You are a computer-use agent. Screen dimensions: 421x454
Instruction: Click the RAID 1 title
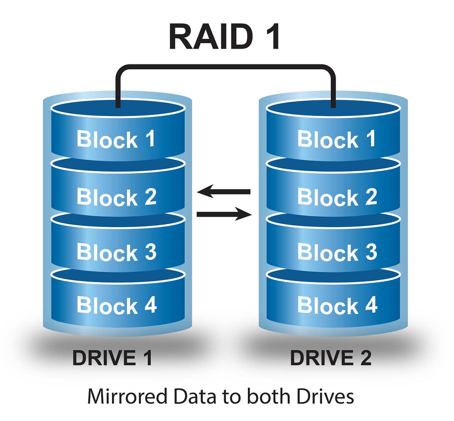[224, 37]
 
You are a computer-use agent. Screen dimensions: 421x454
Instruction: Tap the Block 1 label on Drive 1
[116, 139]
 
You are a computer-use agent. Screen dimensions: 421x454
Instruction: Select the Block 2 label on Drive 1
[116, 197]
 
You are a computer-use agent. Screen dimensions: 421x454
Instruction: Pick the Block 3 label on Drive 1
[116, 252]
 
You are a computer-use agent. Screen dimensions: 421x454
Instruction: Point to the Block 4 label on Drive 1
[116, 305]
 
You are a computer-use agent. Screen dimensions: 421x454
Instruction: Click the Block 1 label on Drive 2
[336, 139]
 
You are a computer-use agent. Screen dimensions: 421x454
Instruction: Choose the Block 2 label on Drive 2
[337, 197]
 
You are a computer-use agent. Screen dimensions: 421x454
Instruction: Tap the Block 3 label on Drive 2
[337, 252]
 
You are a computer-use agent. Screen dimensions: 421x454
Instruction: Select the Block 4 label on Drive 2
[337, 305]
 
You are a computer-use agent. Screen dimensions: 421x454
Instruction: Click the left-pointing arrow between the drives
[224, 191]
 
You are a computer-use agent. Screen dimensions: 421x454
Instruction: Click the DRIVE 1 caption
[112, 358]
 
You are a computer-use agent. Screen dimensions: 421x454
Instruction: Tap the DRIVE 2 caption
[331, 358]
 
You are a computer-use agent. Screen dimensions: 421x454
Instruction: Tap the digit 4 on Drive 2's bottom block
[370, 304]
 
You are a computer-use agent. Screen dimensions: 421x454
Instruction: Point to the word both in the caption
[269, 396]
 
